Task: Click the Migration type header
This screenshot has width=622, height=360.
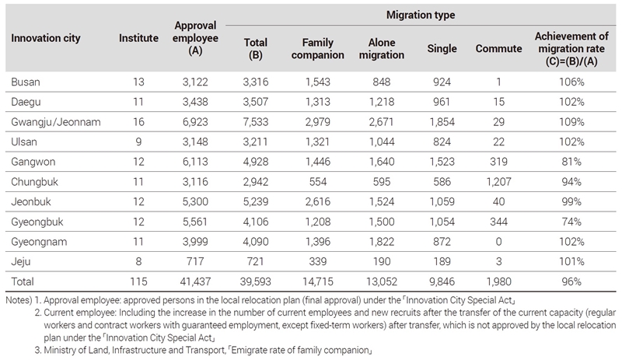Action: [421, 15]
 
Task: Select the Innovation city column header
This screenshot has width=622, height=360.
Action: [46, 38]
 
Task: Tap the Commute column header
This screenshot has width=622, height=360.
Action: [498, 48]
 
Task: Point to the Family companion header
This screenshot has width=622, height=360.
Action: [318, 48]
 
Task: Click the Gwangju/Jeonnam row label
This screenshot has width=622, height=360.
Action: [56, 122]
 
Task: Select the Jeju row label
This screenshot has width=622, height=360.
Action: [21, 261]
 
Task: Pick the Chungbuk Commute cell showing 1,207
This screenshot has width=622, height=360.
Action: [498, 182]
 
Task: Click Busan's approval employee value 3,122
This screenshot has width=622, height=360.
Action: [195, 82]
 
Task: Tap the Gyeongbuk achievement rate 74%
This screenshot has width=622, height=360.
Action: [571, 222]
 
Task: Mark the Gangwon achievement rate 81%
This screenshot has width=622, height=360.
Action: [571, 162]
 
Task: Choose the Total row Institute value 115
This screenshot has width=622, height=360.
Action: [138, 281]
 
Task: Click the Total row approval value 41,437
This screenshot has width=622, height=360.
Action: [195, 281]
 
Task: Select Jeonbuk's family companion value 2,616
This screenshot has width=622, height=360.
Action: [318, 201]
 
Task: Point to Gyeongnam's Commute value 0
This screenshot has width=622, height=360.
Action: [498, 242]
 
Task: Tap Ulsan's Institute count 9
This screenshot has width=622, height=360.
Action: [138, 142]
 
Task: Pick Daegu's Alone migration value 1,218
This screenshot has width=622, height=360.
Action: [382, 102]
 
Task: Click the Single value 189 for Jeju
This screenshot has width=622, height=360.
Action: [442, 261]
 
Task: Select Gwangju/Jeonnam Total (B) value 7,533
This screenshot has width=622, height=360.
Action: [256, 122]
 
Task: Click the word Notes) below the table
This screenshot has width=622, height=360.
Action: [19, 300]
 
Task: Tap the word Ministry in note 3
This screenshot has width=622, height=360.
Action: [59, 350]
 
